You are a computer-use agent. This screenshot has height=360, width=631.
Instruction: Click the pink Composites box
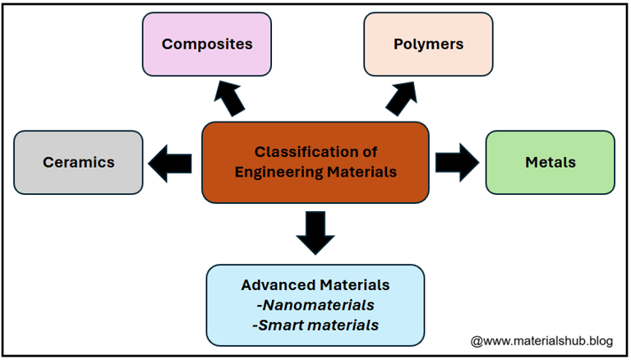pyautogui.click(x=206, y=44)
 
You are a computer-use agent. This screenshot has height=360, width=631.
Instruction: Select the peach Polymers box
pyautogui.click(x=428, y=44)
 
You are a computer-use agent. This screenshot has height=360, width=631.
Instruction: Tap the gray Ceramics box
pyautogui.click(x=79, y=162)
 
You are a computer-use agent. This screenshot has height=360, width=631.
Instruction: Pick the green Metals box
pyautogui.click(x=550, y=162)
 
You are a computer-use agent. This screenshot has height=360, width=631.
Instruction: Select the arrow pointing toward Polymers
pyautogui.click(x=403, y=99)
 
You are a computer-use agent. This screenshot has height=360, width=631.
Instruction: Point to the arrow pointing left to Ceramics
pyautogui.click(x=170, y=162)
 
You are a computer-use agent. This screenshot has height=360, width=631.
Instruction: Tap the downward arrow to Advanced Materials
pyautogui.click(x=315, y=233)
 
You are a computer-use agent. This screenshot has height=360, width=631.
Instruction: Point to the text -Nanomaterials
pyautogui.click(x=315, y=305)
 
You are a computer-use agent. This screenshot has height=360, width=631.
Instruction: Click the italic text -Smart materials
pyautogui.click(x=315, y=325)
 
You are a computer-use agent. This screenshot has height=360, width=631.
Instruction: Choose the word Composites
pyautogui.click(x=206, y=44)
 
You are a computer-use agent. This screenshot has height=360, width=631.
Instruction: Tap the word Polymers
pyautogui.click(x=428, y=44)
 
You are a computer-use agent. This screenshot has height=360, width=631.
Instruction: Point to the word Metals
pyautogui.click(x=550, y=162)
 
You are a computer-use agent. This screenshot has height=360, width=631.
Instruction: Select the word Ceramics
pyautogui.click(x=79, y=162)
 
